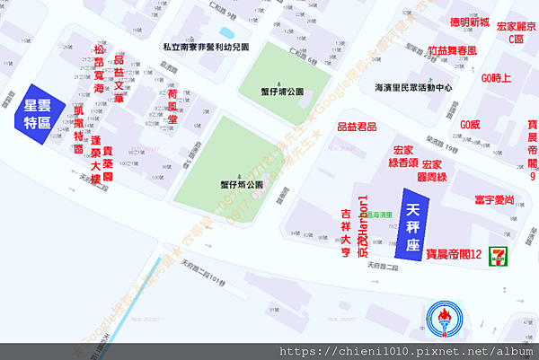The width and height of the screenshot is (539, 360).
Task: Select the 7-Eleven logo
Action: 495,257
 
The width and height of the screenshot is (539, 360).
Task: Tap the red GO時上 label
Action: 496,78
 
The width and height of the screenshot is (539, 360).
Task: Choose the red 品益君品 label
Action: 357,128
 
